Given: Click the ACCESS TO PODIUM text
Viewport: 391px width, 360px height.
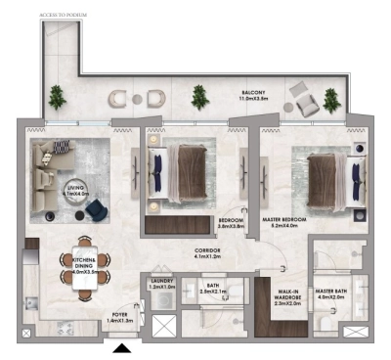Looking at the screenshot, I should tap(65, 15).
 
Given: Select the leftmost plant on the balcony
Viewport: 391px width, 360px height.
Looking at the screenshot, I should tap(57, 96).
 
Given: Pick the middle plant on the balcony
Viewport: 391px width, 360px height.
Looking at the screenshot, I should tap(199, 96).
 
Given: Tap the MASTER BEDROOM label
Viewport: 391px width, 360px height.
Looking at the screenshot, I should tap(283, 223).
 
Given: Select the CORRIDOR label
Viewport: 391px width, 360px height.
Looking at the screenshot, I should tap(207, 254).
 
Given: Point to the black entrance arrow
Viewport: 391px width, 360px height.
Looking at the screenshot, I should tap(122, 347).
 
